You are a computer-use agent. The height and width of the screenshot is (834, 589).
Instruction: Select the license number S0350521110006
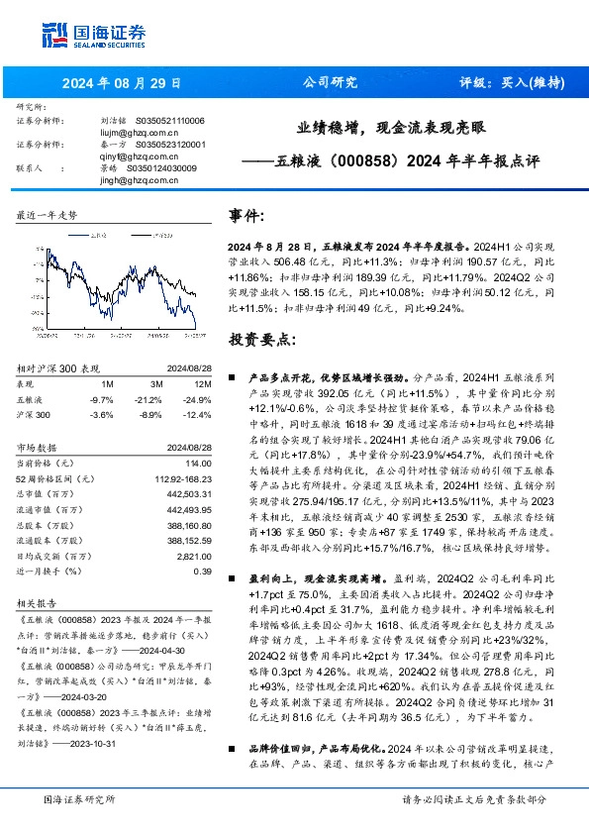point(169,121)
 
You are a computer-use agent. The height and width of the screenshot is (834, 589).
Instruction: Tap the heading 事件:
point(246,216)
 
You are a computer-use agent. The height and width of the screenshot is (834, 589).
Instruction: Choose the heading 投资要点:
point(262,340)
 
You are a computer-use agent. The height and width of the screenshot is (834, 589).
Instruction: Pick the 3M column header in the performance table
point(154,383)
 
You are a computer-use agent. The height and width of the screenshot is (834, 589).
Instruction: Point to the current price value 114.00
point(199,463)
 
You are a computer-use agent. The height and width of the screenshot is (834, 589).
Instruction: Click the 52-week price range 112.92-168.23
point(184,478)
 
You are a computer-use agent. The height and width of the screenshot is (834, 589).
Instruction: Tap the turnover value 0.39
point(202,571)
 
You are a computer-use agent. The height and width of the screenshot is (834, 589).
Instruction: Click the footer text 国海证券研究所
point(80,799)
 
